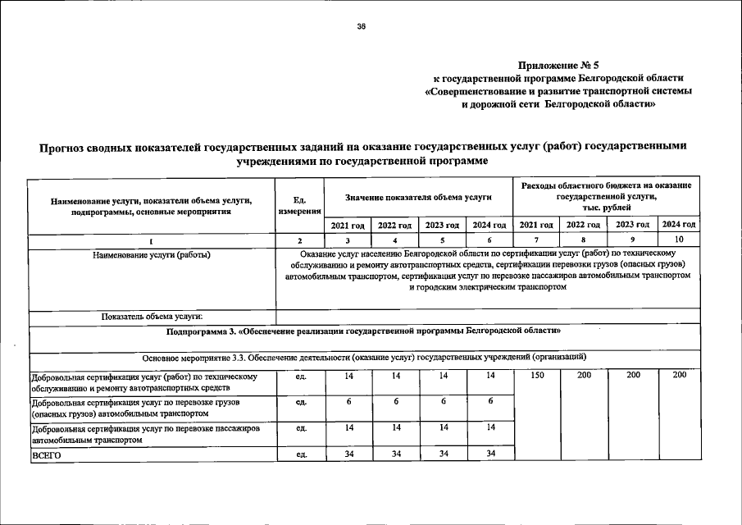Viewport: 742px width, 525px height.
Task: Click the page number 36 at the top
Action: coord(361,26)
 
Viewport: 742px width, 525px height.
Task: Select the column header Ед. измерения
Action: coord(299,205)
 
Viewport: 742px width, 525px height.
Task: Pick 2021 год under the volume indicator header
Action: coord(348,225)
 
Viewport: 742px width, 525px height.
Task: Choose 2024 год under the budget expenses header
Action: coord(679,225)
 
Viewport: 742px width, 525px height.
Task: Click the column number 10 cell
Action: coord(679,240)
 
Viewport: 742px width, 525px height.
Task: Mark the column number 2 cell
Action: coord(299,240)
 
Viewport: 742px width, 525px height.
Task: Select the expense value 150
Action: coord(537,375)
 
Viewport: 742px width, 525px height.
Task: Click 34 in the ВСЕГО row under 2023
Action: coord(444,454)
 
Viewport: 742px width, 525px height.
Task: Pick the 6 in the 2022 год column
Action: coord(396,401)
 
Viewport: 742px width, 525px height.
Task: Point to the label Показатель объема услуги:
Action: coord(152,316)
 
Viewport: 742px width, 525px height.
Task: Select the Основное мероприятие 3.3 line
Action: coord(363,357)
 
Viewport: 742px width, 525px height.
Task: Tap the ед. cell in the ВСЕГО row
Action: coord(301,455)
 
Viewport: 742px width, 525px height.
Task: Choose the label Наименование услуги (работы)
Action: coord(152,254)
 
